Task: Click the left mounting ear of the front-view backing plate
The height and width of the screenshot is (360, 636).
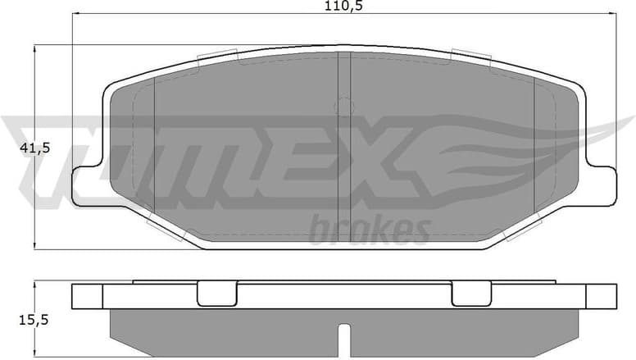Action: point(86,185)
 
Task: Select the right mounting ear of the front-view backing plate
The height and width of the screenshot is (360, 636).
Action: point(601,185)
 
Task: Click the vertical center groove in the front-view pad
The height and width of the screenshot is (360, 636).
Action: point(344,148)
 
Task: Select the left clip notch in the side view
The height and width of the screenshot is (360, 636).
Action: point(216,293)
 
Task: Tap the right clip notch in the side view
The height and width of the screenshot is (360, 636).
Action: point(471,293)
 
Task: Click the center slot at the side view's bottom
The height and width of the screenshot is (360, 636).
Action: point(344,339)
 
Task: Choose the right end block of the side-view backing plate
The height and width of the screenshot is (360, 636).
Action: point(601,295)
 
